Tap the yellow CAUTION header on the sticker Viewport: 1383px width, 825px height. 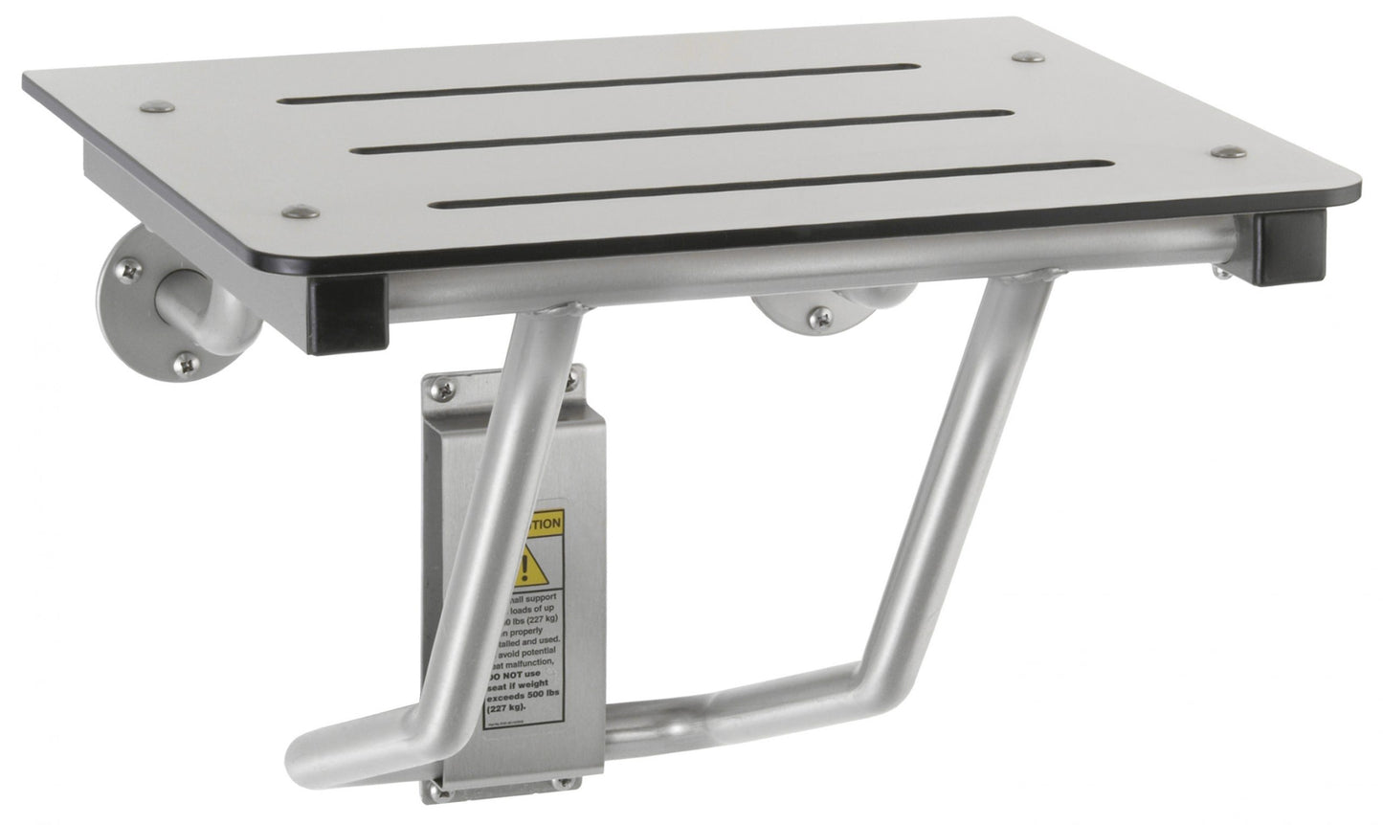(543, 525)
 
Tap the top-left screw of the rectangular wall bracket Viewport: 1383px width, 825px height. (438, 388)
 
